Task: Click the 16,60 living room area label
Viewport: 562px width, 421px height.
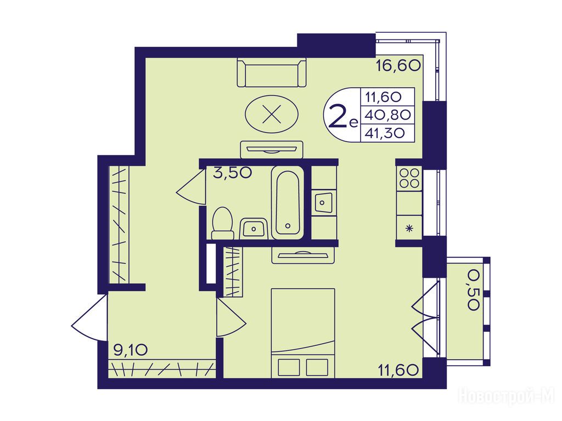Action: click(398, 66)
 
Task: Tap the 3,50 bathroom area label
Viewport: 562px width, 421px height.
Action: click(232, 173)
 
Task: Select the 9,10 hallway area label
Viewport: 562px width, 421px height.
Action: click(130, 350)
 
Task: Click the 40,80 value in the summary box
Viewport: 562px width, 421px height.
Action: click(387, 115)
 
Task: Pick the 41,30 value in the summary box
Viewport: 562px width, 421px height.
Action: click(385, 133)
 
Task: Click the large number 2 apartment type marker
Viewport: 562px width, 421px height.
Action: click(335, 115)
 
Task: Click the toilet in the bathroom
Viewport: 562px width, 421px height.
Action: click(223, 224)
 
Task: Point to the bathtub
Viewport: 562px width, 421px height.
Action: click(288, 202)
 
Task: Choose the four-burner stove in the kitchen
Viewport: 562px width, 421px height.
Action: click(409, 178)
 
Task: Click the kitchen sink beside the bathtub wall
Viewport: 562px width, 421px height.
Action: click(324, 203)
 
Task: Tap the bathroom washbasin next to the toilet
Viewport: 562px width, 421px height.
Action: click(254, 227)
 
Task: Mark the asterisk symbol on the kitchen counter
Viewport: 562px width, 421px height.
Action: click(409, 228)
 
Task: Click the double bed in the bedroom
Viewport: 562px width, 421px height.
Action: click(303, 333)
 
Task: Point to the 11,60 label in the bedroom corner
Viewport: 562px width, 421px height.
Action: click(398, 369)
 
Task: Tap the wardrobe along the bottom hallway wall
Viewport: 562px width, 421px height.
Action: click(162, 368)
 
